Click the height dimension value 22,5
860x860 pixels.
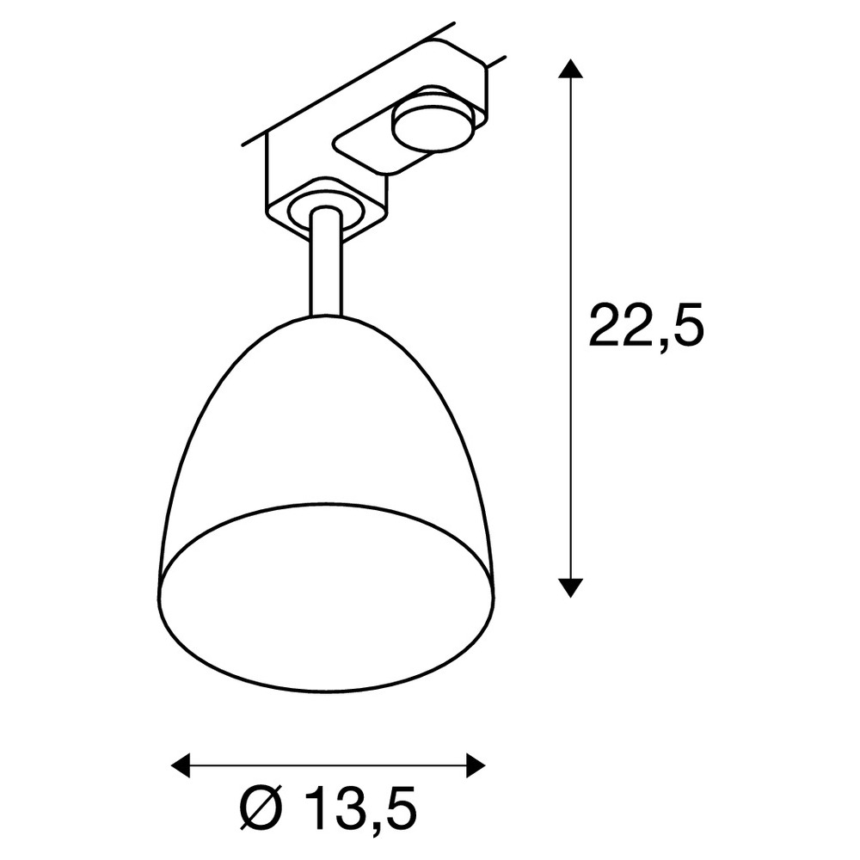pos(646,327)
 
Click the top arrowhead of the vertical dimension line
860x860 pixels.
pos(570,70)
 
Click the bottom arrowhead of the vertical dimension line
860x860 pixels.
pos(570,587)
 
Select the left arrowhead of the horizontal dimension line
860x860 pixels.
pos(181,765)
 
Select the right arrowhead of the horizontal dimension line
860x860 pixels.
pos(476,765)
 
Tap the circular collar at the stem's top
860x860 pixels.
pos(326,212)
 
